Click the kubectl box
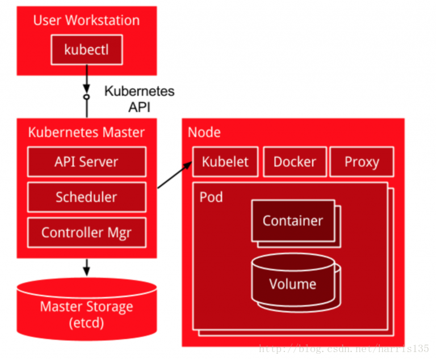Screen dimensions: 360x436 [x=86, y=50]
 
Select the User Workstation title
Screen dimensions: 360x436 [x=86, y=20]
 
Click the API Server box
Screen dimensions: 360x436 [x=86, y=161]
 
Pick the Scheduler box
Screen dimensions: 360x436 [x=86, y=197]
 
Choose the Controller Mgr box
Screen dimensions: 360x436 [x=86, y=232]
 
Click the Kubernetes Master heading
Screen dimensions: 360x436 [x=86, y=133]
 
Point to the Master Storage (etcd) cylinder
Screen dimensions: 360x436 [x=86, y=312]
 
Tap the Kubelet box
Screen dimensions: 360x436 [x=225, y=162]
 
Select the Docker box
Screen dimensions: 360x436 [x=295, y=162]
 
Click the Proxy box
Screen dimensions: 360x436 [x=362, y=162]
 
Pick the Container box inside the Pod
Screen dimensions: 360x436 [x=293, y=221]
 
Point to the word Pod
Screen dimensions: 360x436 [x=211, y=197]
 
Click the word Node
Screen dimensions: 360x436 [x=204, y=133]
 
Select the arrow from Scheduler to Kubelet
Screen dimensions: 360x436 [x=174, y=175]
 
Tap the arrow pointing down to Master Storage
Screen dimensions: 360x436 [x=86, y=265]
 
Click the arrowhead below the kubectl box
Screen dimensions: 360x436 [x=86, y=89]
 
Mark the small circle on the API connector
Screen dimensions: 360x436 [x=86, y=97]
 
